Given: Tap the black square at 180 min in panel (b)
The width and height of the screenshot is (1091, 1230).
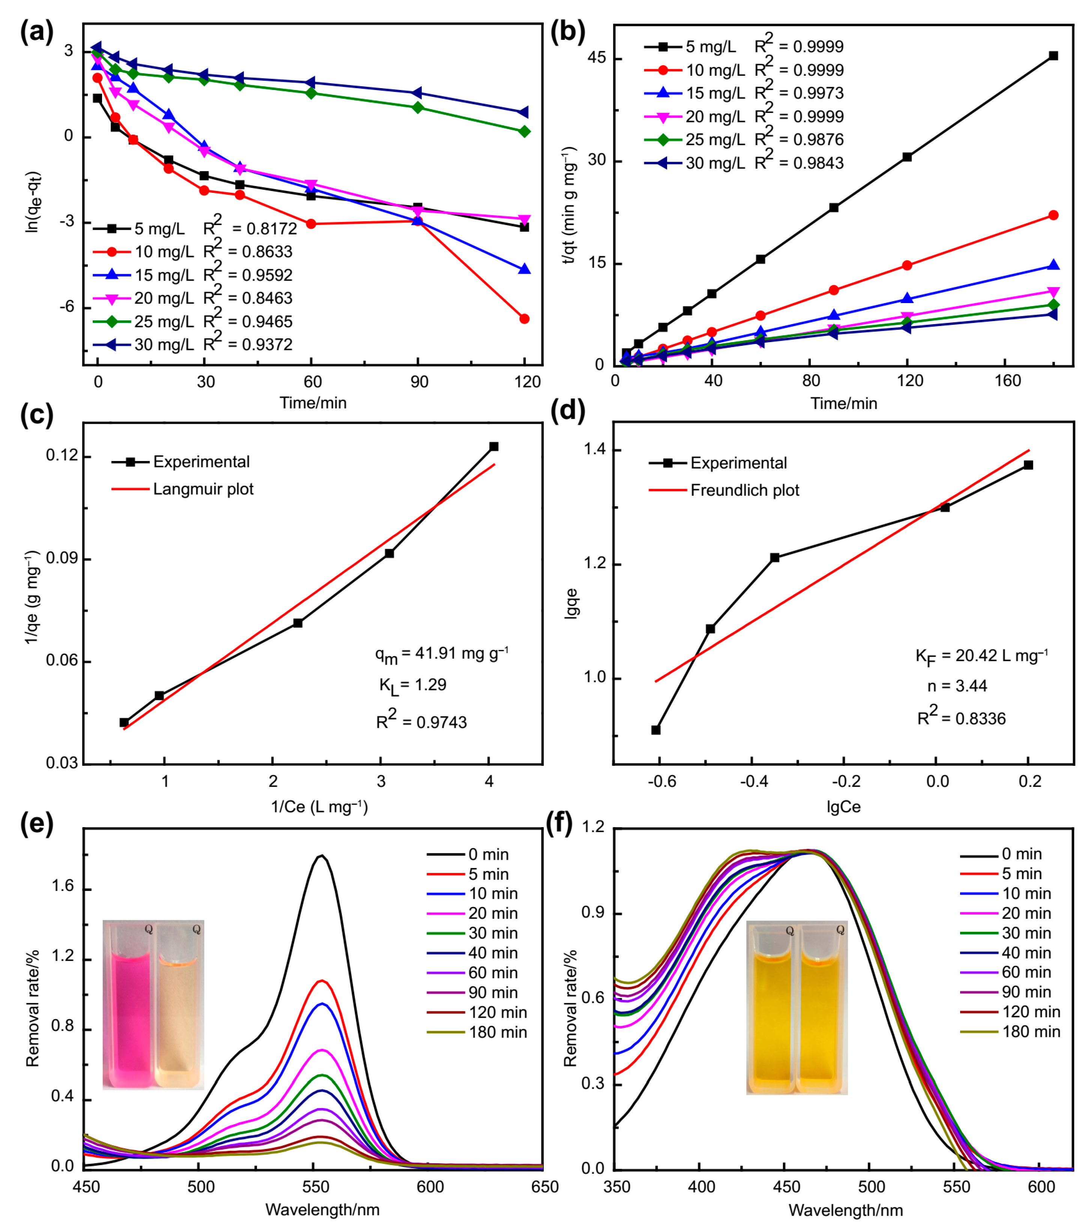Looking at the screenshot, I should coord(1053,56).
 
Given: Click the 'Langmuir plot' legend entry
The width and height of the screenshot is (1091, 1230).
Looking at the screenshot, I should coord(203,489).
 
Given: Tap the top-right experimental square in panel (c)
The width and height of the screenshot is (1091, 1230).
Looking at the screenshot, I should coord(494,446).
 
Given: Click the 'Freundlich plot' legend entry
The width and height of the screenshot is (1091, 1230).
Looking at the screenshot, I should coord(744,490).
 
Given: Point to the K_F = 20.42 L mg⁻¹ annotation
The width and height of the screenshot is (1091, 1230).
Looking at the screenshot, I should coord(981,656).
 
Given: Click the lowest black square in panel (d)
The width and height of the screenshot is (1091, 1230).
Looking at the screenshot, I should coord(656,730).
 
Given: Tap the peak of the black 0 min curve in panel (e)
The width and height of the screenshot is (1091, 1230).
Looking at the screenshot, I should coord(322,856).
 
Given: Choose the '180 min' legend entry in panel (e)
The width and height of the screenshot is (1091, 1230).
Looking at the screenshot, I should coord(497,1033).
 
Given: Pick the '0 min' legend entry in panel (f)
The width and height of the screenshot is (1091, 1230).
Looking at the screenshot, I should coord(1021,854).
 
